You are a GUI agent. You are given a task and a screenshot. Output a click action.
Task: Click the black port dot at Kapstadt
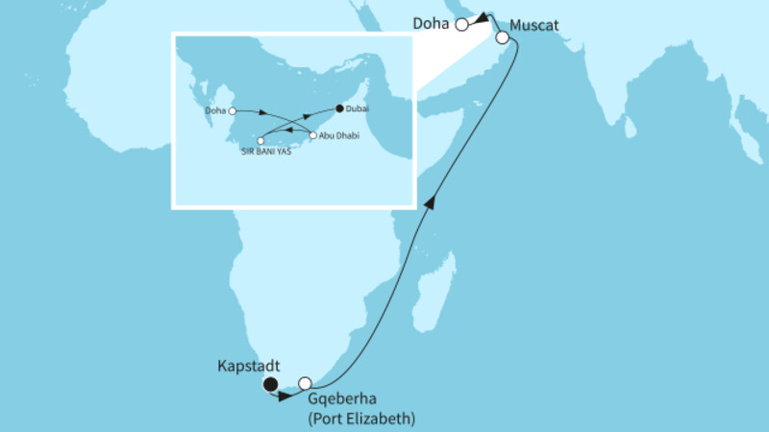pos(272,385)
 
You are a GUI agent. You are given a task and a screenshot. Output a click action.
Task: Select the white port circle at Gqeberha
pos(306,383)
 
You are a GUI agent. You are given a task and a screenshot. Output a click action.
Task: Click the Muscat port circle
pos(502,38)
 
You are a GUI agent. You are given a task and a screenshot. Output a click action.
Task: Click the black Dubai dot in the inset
pos(339,108)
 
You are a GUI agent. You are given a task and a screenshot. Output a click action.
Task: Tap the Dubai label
pos(358,109)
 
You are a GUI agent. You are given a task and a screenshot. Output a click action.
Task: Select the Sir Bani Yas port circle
pos(260,141)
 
